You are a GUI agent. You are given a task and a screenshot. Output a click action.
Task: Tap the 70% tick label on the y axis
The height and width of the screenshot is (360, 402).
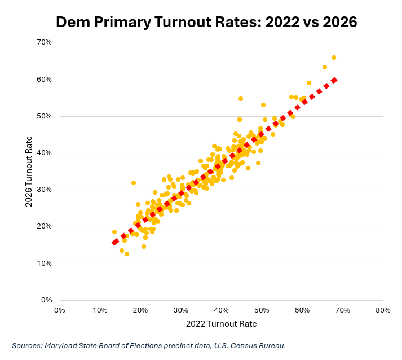45,42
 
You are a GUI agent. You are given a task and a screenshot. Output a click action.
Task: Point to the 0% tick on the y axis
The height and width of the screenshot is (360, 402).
47,300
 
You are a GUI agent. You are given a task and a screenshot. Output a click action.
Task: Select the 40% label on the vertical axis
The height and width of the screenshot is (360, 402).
45,153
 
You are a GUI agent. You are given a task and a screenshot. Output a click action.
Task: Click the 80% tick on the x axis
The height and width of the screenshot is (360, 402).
383,310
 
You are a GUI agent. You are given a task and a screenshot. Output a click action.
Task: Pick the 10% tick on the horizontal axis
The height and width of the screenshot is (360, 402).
100,310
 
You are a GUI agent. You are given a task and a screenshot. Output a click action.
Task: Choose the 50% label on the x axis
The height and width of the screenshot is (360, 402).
262,310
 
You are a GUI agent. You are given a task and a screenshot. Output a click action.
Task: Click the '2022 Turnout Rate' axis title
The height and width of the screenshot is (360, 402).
221,324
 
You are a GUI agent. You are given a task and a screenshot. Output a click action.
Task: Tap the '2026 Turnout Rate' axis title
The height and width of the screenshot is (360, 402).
29,172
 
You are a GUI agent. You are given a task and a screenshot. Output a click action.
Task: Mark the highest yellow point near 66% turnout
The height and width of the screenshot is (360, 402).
334,58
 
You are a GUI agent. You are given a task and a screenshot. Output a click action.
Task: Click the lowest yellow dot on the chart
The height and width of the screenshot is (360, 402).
127,254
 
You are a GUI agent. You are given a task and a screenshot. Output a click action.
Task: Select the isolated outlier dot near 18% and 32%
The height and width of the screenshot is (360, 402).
134,183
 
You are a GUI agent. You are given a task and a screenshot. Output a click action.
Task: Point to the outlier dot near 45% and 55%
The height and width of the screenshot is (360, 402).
241,99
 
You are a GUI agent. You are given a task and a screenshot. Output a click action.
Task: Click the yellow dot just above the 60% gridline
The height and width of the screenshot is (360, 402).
309,83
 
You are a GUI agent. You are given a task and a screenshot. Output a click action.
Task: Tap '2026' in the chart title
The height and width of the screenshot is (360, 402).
340,22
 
